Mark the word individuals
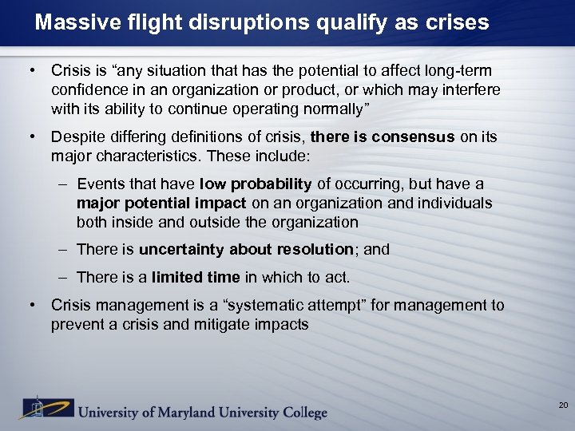pos(453,203)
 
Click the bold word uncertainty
pos(182,249)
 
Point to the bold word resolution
pos(315,249)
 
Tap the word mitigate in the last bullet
pos(235,324)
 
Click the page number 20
pos(563,406)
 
